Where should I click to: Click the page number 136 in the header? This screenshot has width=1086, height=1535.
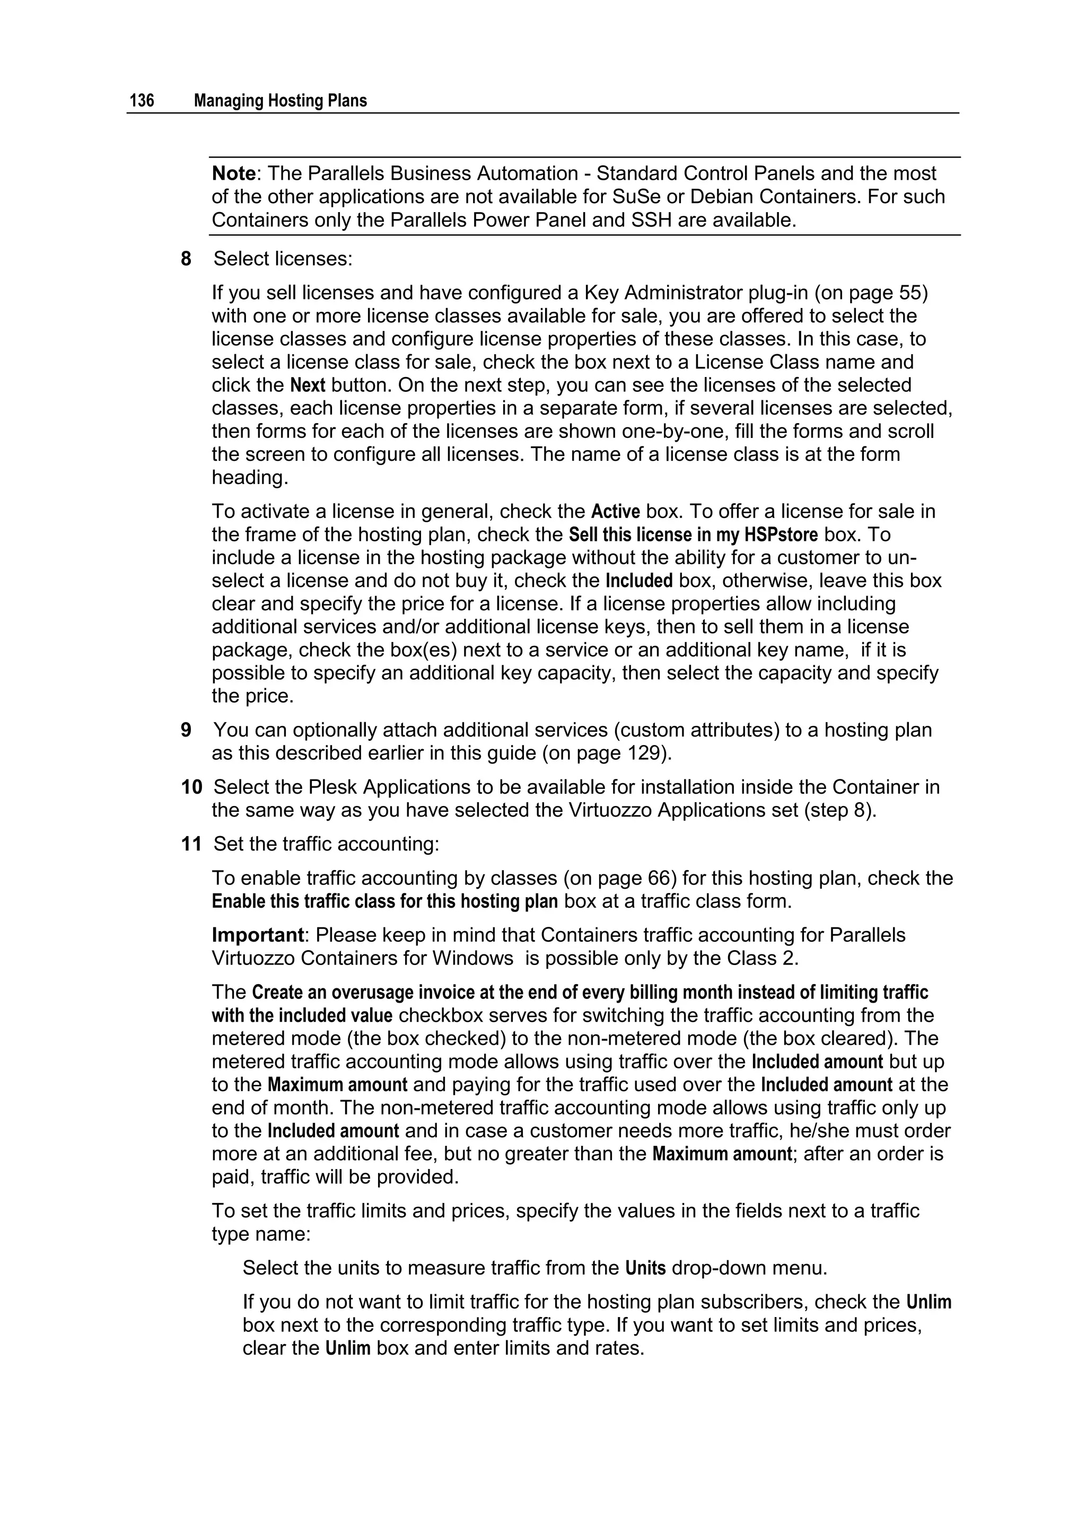(142, 101)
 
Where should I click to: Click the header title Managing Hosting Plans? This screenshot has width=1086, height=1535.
(280, 101)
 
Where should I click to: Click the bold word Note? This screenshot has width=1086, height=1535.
(233, 174)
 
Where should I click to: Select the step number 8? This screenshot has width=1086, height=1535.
(186, 259)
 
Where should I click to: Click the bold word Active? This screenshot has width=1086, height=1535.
(615, 512)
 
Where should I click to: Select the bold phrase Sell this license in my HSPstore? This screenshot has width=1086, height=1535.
(693, 535)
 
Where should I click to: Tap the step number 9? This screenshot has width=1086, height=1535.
(186, 730)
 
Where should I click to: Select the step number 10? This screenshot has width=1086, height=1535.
(191, 787)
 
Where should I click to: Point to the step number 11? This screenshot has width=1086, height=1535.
(191, 845)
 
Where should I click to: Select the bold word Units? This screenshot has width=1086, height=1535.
(645, 1268)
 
